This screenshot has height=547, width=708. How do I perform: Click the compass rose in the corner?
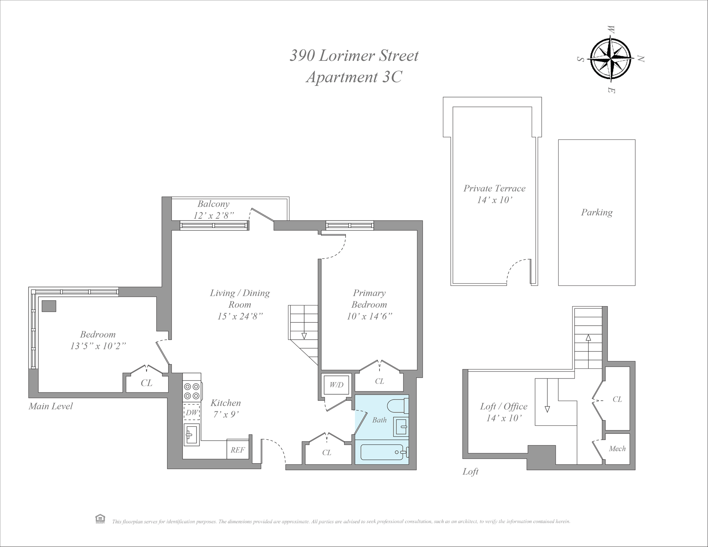[611, 59]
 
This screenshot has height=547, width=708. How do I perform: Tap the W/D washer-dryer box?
[336, 385]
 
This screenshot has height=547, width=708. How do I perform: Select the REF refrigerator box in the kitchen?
[238, 450]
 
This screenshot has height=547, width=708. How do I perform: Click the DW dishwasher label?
[192, 412]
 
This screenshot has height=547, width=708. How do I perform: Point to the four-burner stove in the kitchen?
[192, 391]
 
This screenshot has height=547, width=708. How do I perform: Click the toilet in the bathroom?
[398, 406]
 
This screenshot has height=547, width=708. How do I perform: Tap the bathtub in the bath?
[383, 452]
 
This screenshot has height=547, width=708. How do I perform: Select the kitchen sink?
[191, 435]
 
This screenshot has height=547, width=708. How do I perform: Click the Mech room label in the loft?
[617, 449]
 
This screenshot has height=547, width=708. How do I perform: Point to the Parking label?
[597, 212]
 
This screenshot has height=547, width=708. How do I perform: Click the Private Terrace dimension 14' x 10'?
[494, 200]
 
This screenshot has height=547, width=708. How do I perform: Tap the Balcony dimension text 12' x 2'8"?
[214, 215]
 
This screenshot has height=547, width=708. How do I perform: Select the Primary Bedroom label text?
[369, 298]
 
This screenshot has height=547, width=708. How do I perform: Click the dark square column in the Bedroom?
[49, 306]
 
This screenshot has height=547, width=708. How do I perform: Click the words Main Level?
[51, 406]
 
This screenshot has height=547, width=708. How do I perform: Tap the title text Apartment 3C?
[354, 77]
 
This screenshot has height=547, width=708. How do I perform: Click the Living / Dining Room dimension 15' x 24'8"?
[240, 316]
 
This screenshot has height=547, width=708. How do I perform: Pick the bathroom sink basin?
[400, 427]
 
